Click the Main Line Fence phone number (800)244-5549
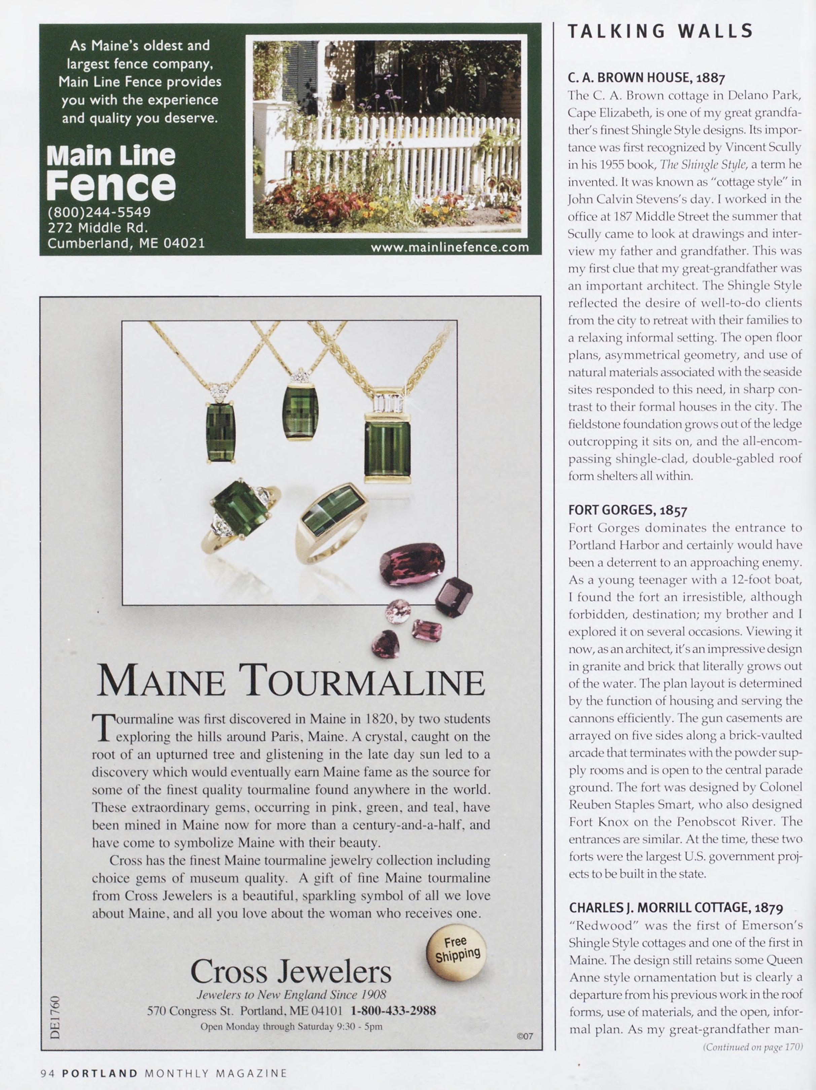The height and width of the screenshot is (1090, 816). pyautogui.click(x=99, y=212)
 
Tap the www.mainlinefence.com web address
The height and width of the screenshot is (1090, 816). pyautogui.click(x=450, y=247)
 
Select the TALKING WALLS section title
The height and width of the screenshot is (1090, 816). pyautogui.click(x=660, y=31)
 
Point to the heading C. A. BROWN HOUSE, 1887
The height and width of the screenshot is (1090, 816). pyautogui.click(x=646, y=77)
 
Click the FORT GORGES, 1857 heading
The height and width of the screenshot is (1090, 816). pyautogui.click(x=628, y=510)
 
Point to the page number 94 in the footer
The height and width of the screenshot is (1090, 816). pyautogui.click(x=48, y=1073)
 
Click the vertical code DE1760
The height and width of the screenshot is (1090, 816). pyautogui.click(x=55, y=1018)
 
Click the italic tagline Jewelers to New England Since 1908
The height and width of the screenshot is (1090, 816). pyautogui.click(x=291, y=994)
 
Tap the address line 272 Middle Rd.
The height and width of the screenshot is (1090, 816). pyautogui.click(x=98, y=227)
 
